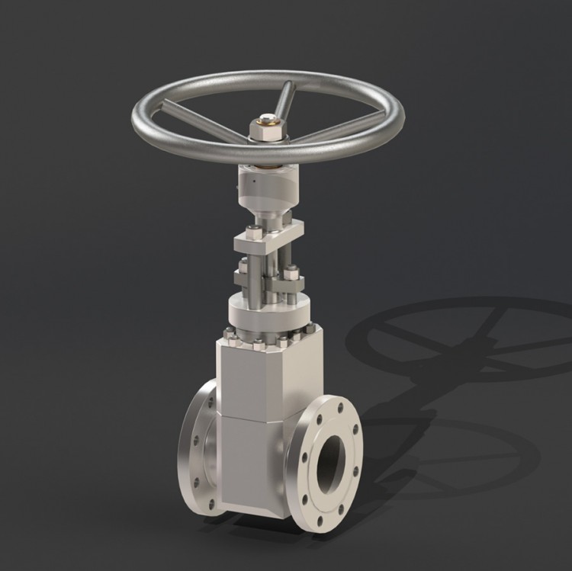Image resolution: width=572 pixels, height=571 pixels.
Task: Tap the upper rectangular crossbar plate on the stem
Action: tap(267, 239)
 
